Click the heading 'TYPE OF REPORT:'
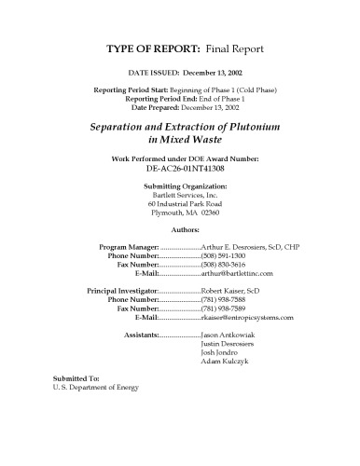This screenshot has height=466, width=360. [x=146, y=47]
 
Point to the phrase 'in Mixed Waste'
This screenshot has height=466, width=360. [x=180, y=140]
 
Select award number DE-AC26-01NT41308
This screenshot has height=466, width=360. [x=180, y=171]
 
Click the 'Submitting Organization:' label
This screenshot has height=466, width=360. [x=180, y=186]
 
